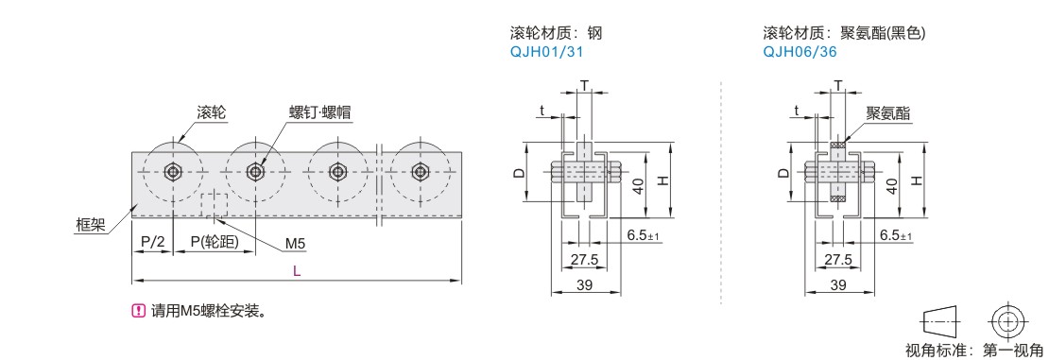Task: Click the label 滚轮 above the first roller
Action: (211, 112)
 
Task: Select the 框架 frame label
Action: (89, 226)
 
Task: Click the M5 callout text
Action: (295, 244)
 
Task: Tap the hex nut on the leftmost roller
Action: (174, 171)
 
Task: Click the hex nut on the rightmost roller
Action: (420, 171)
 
